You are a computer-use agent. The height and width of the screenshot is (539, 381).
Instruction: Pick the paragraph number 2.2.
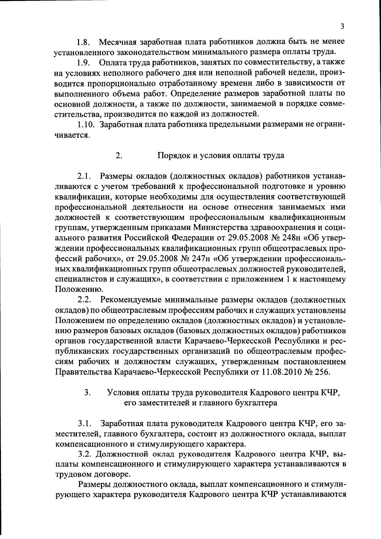(x=84, y=300)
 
